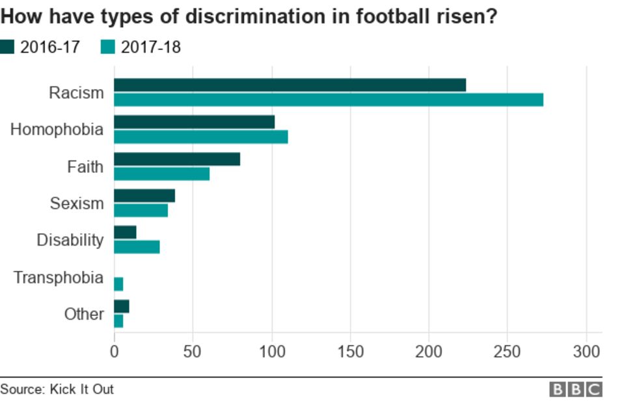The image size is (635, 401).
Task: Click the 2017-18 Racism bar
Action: [x=329, y=99]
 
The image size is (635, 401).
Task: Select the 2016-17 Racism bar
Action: [x=290, y=85]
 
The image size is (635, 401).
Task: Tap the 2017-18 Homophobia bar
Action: [x=201, y=136]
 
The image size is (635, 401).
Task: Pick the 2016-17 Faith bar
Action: [x=177, y=159]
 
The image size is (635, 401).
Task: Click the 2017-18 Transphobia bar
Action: [x=118, y=284]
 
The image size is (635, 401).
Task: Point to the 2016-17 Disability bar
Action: [x=125, y=233]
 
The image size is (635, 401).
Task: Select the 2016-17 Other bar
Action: [x=122, y=307]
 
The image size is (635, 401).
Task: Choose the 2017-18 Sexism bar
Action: [x=141, y=211]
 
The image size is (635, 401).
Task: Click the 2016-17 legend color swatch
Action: [x=8, y=47]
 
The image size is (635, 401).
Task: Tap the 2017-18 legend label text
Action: [x=151, y=47]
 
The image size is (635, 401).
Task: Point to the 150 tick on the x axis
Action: [x=351, y=352]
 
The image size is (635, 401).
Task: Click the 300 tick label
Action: [x=587, y=352]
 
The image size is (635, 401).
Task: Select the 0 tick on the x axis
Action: [x=115, y=352]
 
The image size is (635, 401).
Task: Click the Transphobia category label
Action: [x=59, y=278]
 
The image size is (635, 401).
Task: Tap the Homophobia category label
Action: [x=57, y=130]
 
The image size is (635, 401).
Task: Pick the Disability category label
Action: [x=70, y=240]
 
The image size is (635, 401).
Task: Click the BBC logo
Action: [x=576, y=389]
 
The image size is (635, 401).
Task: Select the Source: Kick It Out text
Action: [x=57, y=389]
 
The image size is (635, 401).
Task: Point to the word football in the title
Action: [x=398, y=16]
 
